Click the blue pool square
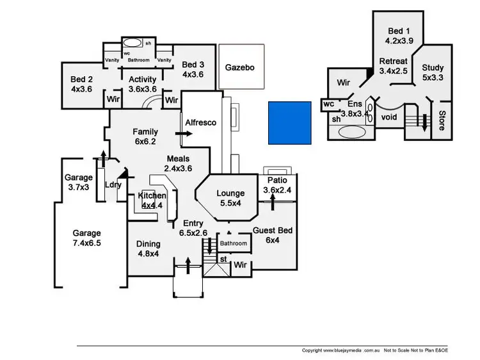[x=289, y=122]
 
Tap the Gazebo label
[x=240, y=67]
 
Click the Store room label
[x=441, y=120]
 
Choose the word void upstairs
[x=388, y=117]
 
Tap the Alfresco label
[x=201, y=122]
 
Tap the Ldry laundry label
[x=113, y=184]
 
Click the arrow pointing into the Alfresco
[x=187, y=134]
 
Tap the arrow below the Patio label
[x=273, y=201]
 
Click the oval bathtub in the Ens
[x=349, y=133]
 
